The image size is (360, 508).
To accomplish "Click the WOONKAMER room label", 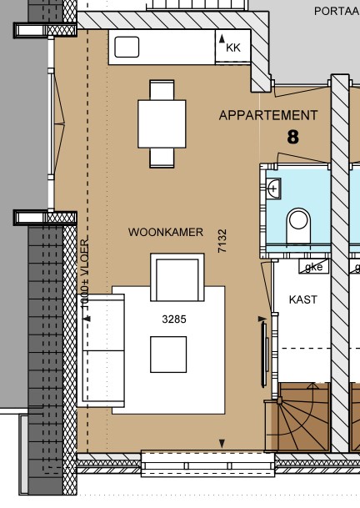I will pos(166,232).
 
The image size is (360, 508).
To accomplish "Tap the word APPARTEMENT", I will pos(267,116).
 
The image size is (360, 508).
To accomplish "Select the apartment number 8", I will pos(292,137).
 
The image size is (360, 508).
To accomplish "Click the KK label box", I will pos(232,48).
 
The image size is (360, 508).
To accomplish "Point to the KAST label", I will pos(302,299).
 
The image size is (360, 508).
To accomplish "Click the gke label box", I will pos(313,267).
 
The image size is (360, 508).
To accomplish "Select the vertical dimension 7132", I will pos(222,241).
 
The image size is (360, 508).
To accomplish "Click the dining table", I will pos(162,123).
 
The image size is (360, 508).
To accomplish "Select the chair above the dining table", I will pos(162,89).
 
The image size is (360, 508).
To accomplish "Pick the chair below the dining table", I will pos(162,157).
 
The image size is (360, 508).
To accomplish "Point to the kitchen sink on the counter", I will pos(127,47).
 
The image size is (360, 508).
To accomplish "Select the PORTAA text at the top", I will pos(336,11).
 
